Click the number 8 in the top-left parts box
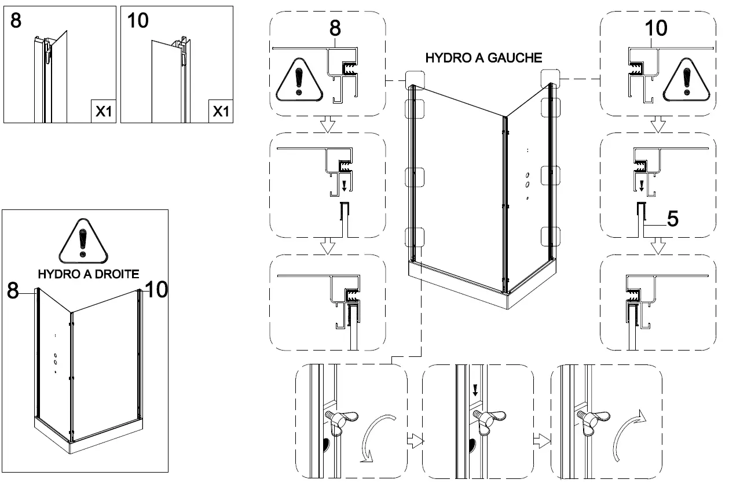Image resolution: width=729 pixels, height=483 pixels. click(x=16, y=21)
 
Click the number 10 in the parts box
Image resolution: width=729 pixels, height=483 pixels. click(x=138, y=21)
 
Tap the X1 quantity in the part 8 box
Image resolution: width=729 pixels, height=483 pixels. click(x=102, y=112)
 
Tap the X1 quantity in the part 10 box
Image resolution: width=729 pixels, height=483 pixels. click(x=221, y=112)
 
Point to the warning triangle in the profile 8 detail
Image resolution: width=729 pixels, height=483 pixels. click(x=298, y=79)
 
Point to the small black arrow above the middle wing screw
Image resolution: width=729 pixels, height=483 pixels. click(x=475, y=390)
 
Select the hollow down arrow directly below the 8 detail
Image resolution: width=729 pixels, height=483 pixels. click(x=328, y=123)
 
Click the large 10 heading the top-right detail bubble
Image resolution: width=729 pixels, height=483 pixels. click(x=654, y=27)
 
